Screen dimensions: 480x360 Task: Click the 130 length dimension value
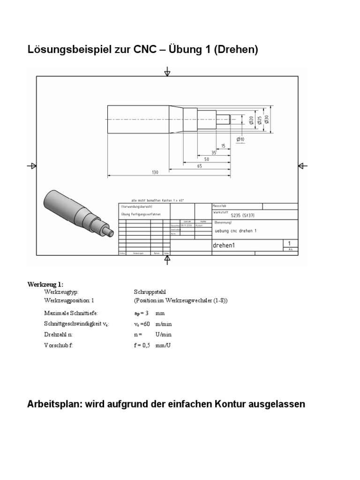[155, 172]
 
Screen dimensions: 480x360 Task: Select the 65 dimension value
[200, 165]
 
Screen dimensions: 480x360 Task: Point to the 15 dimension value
[223, 146]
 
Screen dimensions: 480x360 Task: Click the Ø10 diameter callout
[240, 139]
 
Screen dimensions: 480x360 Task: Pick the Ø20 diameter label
[251, 120]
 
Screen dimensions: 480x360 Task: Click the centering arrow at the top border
[167, 72]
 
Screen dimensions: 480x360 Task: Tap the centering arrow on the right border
[302, 165]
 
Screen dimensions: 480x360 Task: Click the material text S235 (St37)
[247, 216]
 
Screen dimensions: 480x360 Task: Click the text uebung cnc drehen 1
[235, 231]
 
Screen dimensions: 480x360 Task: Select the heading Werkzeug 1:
[45, 284]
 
